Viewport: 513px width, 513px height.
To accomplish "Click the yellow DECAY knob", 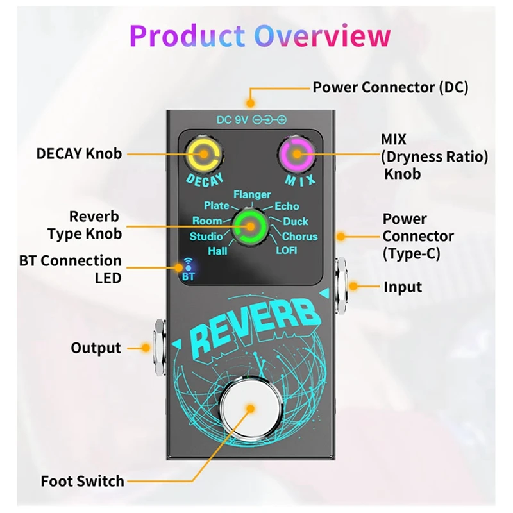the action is point(203,154).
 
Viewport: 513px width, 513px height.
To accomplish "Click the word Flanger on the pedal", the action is point(252,194).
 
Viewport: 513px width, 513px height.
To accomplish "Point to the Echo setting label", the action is point(287,206).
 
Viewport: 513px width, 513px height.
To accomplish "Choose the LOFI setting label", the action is point(287,250).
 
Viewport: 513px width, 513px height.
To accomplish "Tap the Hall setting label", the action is point(217,251).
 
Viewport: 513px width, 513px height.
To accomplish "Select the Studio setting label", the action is point(206,236).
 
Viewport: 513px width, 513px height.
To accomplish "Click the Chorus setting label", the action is point(299,236).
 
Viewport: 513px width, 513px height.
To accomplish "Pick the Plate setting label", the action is point(217,206).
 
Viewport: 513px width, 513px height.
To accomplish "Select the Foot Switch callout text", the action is point(83,480).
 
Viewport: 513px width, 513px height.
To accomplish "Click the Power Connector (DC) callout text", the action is point(391,87).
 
